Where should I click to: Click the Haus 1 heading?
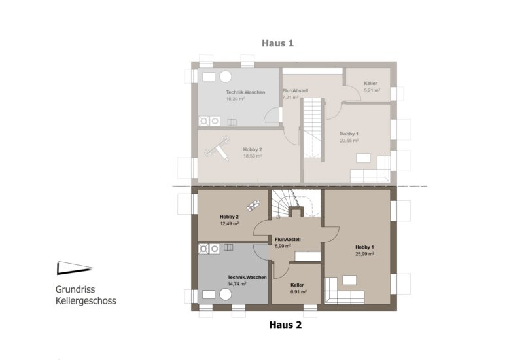[x=277, y=43]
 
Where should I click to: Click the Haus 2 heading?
[x=285, y=325]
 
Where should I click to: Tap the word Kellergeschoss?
[x=86, y=301]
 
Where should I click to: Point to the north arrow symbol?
[x=75, y=268]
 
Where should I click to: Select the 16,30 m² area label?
[x=236, y=99]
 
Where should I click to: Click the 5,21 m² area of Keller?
[x=372, y=90]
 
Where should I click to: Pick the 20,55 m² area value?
[x=349, y=141]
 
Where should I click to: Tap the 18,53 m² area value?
[x=253, y=156]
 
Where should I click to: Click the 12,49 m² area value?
[x=230, y=224]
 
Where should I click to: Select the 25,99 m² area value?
[x=364, y=254]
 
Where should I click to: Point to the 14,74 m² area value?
[x=237, y=283]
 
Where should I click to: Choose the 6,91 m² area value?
[x=298, y=292]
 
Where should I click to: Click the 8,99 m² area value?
[x=283, y=246]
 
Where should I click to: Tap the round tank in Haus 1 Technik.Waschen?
[x=225, y=77]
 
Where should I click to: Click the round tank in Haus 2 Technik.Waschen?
[x=225, y=295]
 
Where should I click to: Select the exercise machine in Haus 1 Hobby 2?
[x=217, y=149]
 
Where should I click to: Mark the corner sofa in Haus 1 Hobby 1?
[x=370, y=170]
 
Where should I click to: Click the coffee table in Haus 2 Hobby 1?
[x=349, y=280]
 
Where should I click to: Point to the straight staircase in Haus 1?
[x=312, y=130]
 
